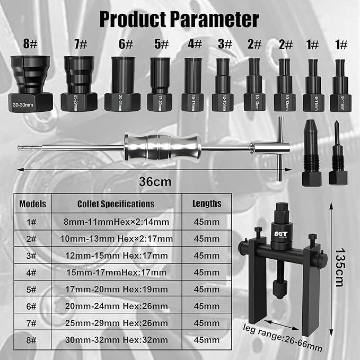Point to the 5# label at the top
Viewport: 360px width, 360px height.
(161, 45)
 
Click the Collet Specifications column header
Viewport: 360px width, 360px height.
(116, 204)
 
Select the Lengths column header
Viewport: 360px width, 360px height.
(207, 204)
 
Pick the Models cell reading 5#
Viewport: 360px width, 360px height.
(33, 289)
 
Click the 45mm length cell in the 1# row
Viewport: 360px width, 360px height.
(207, 222)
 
